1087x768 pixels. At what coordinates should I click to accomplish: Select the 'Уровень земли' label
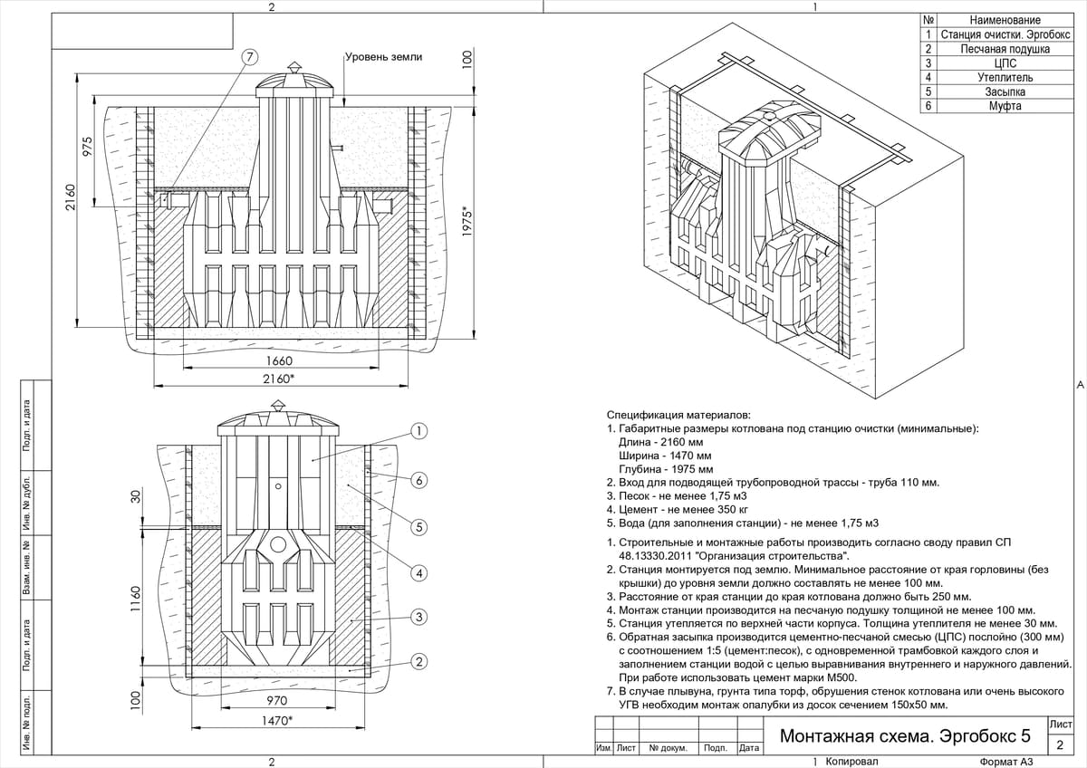pyautogui.click(x=384, y=57)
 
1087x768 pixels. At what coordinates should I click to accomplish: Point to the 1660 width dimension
pyautogui.click(x=279, y=361)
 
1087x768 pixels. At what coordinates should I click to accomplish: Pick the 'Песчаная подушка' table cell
pyautogui.click(x=1005, y=49)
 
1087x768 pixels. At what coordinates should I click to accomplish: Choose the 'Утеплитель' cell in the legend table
pyautogui.click(x=1005, y=78)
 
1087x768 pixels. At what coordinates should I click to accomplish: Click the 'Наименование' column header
pyautogui.click(x=1005, y=20)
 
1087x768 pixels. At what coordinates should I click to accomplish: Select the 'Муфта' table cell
pyautogui.click(x=1005, y=106)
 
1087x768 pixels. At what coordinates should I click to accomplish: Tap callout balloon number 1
pyautogui.click(x=419, y=430)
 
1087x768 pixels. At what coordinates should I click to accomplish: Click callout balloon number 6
pyautogui.click(x=419, y=480)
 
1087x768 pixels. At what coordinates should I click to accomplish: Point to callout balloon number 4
pyautogui.click(x=419, y=572)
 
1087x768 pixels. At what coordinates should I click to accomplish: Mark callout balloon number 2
pyautogui.click(x=419, y=662)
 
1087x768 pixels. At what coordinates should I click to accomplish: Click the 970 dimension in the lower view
pyautogui.click(x=277, y=701)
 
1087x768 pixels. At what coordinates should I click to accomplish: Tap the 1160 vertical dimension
pyautogui.click(x=136, y=600)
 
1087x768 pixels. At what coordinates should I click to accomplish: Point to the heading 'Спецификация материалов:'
pyautogui.click(x=678, y=414)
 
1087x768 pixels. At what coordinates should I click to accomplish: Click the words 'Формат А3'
pyautogui.click(x=1005, y=762)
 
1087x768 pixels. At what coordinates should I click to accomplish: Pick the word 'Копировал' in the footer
pyautogui.click(x=852, y=762)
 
